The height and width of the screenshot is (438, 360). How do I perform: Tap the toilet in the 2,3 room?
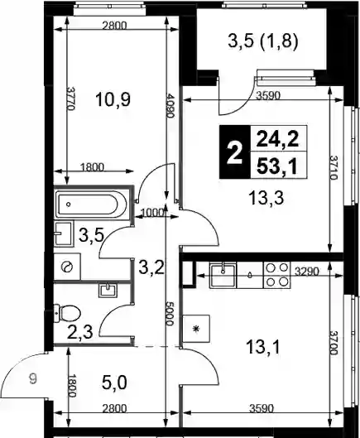[67, 313]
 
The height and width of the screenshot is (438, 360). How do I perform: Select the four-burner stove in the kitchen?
[276, 275]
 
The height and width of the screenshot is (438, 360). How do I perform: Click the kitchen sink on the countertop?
[223, 275]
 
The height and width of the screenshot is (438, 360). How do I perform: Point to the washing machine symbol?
[67, 267]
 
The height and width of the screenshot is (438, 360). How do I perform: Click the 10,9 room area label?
[113, 99]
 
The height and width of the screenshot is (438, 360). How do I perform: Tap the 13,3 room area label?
[266, 198]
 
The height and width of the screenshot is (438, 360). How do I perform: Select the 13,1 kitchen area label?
[263, 347]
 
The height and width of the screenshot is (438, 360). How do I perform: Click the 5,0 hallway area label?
[114, 383]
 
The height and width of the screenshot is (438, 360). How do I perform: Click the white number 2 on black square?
[234, 152]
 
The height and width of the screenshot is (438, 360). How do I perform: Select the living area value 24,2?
[277, 139]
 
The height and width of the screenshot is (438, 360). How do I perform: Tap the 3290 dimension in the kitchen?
[307, 272]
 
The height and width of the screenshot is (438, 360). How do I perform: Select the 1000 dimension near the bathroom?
[152, 213]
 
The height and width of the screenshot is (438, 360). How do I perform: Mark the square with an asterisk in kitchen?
[196, 329]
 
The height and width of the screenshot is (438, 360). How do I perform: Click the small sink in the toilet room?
[108, 291]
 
